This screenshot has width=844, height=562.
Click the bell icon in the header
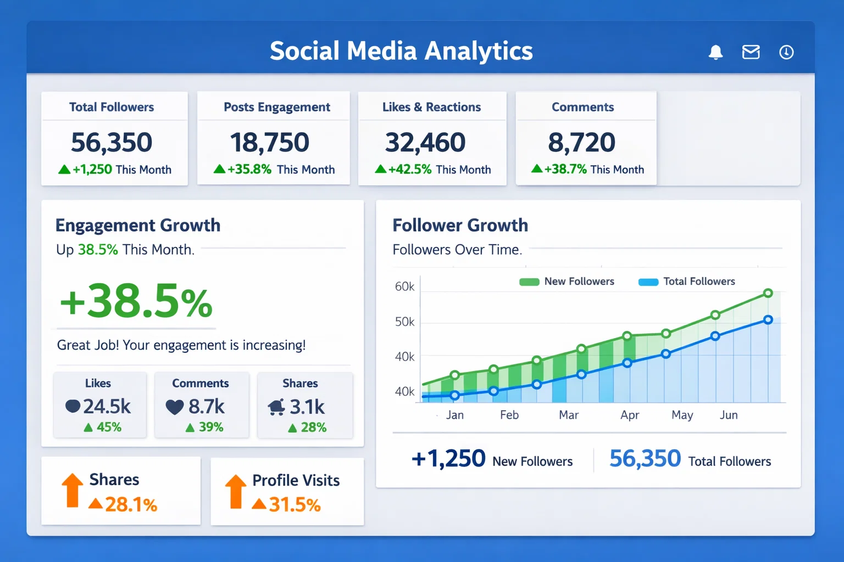(x=715, y=52)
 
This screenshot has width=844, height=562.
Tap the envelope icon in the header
(x=751, y=52)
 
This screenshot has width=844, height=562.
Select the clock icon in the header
(x=786, y=52)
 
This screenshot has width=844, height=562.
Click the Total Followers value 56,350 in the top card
(x=112, y=143)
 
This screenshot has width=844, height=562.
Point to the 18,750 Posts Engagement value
(x=270, y=143)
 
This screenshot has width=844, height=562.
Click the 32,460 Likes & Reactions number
(x=425, y=143)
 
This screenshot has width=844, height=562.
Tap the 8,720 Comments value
(x=581, y=143)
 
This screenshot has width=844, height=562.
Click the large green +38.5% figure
(x=136, y=301)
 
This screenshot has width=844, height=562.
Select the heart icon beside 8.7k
(x=175, y=407)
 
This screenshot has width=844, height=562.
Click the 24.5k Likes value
(x=107, y=407)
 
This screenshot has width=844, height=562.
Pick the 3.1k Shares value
(x=307, y=407)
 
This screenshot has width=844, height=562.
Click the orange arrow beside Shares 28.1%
(x=72, y=490)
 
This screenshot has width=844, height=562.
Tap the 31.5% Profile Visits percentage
(x=295, y=504)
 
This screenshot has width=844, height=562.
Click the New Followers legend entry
(x=567, y=282)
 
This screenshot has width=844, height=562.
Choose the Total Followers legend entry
(x=687, y=282)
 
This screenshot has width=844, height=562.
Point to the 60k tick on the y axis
(x=404, y=286)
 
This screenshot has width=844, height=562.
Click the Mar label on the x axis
(x=569, y=415)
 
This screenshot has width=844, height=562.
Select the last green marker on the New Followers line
(x=768, y=293)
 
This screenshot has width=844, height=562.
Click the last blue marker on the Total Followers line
(x=768, y=320)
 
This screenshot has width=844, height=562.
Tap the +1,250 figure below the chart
(x=448, y=459)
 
